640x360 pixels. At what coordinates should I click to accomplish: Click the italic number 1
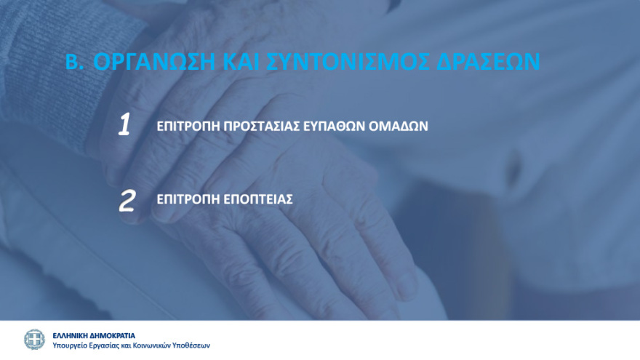click(x=124, y=125)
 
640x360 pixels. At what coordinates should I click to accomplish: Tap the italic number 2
click(x=127, y=201)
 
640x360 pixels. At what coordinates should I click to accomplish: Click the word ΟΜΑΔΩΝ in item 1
click(x=402, y=126)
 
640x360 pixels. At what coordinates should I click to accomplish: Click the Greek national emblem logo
click(x=34, y=340)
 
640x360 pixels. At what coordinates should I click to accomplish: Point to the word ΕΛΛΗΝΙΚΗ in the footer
click(x=70, y=335)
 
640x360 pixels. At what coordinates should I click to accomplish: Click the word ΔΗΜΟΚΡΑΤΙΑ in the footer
click(x=112, y=335)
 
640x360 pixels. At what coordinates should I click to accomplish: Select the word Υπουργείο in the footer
click(x=72, y=345)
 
